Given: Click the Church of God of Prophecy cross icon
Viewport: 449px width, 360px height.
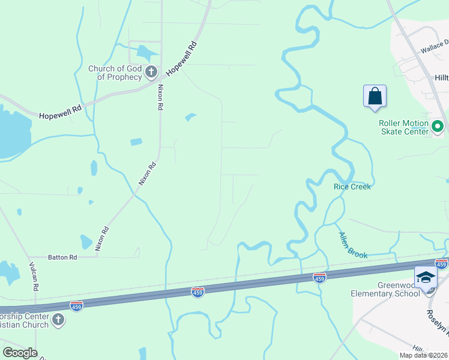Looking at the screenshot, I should tap(151, 73).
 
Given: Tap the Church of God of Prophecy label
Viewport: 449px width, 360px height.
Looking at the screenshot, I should tap(115, 73).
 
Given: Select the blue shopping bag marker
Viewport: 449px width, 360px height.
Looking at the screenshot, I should tap(375, 96).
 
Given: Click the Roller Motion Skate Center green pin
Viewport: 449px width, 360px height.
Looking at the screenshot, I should tap(438, 127).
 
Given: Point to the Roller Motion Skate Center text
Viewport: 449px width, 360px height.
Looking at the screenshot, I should tap(403, 127).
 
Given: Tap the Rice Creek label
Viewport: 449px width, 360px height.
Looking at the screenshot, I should tap(352, 187).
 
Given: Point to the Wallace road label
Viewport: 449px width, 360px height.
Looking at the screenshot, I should tap(435, 46).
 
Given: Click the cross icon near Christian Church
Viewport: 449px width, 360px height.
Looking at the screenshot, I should tap(58, 320).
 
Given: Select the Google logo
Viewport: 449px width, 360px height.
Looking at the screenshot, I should tap(20, 353).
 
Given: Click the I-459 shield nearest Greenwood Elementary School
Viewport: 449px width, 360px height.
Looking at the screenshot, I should tap(441, 264).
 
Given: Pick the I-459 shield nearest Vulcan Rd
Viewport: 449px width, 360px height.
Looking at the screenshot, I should tap(76, 305).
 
